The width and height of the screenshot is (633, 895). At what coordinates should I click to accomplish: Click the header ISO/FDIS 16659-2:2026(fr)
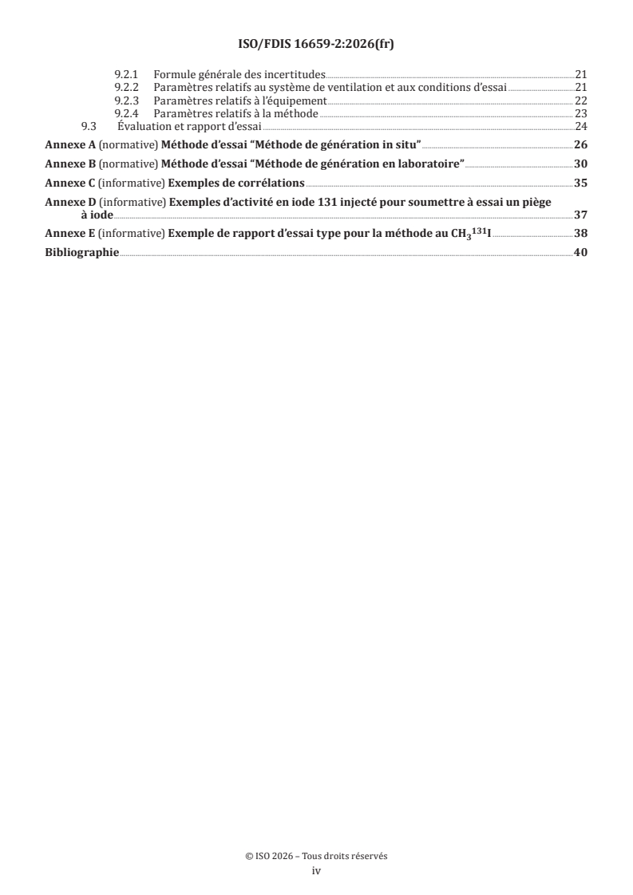click(316, 45)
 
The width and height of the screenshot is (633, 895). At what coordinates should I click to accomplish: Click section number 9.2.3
click(128, 101)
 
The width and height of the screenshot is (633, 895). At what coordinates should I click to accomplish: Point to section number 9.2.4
click(128, 114)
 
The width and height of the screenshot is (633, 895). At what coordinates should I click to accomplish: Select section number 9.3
click(89, 126)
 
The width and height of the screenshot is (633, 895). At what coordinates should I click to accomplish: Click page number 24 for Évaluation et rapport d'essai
click(581, 126)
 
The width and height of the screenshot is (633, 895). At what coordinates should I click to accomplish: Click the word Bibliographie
click(81, 253)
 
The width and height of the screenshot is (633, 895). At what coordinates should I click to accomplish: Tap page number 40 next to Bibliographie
click(581, 253)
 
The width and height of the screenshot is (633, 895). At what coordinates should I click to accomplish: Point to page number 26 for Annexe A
click(581, 144)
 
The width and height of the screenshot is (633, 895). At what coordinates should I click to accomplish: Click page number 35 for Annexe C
click(581, 183)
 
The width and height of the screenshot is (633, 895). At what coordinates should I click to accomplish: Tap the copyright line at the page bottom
click(316, 856)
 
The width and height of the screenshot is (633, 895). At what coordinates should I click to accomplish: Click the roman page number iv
click(316, 872)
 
